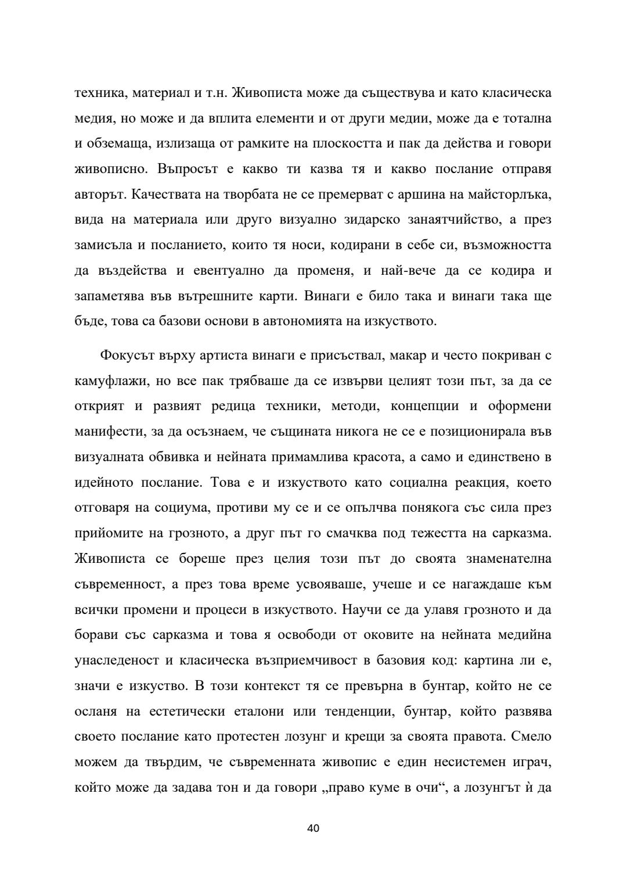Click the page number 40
313,828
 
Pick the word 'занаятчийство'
435,220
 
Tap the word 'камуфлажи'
107,381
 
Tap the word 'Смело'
531,737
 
